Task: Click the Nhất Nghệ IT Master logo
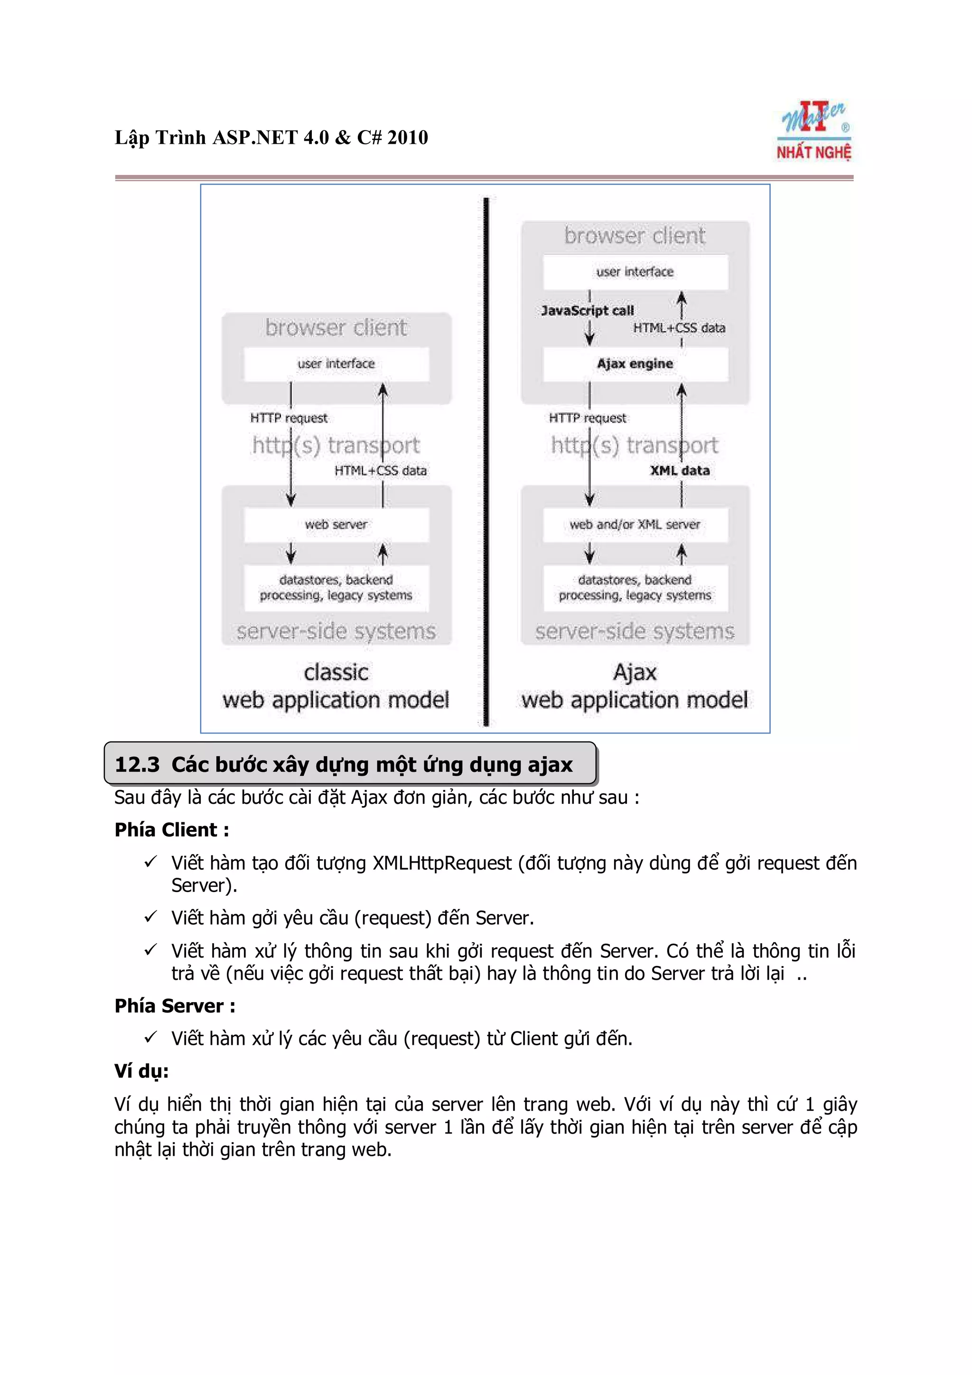[x=814, y=131]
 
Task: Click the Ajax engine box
[x=635, y=364]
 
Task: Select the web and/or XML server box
[x=635, y=525]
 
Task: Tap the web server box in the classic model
[x=336, y=525]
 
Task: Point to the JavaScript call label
[x=587, y=311]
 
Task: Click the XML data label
[x=680, y=471]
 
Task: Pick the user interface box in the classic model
[x=336, y=364]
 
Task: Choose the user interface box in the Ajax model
[x=635, y=272]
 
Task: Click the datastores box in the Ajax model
[x=635, y=588]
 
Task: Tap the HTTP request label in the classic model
[x=289, y=418]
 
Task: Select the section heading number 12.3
[x=137, y=765]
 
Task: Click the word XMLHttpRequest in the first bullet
[x=442, y=863]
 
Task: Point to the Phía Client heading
[x=171, y=830]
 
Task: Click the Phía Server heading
[x=174, y=1005]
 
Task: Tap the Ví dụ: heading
[x=141, y=1071]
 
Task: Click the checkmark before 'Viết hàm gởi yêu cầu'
[x=150, y=916]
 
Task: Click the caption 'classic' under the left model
[x=336, y=672]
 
